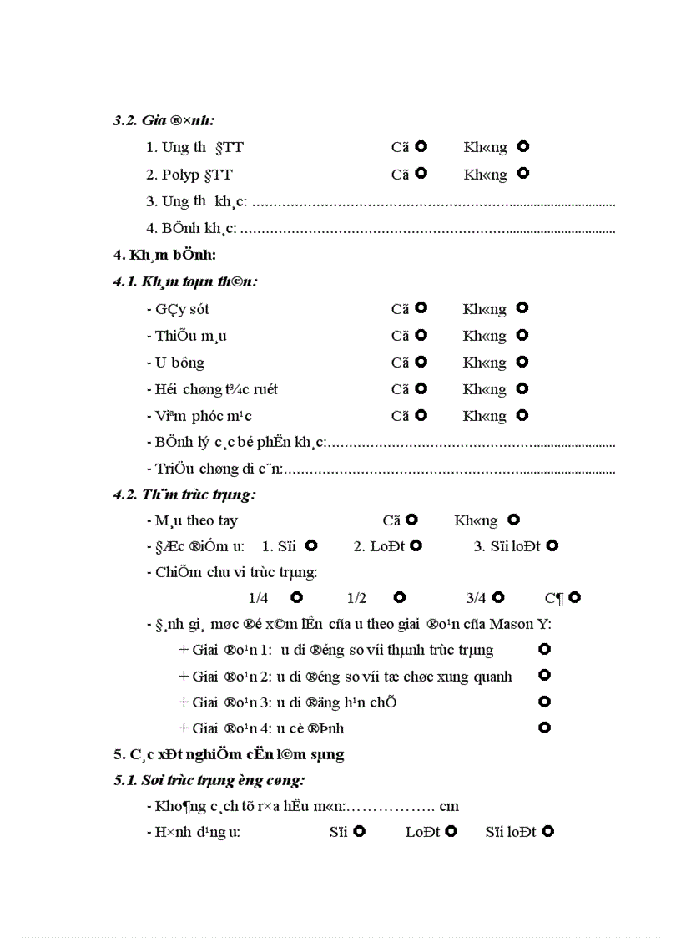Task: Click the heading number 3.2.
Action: pos(125,120)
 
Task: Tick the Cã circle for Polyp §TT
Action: pos(421,174)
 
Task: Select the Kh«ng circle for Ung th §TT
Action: pos(523,147)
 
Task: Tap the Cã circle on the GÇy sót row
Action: pos(421,308)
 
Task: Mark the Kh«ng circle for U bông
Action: pos(522,362)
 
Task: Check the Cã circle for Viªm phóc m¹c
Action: pos(421,415)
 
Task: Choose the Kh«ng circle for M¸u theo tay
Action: pos(514,520)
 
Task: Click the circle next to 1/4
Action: pos(296,597)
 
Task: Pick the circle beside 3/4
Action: pos(498,597)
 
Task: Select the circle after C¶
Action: pos(574,597)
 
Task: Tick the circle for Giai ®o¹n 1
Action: pos(545,649)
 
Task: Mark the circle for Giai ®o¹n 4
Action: pos(545,728)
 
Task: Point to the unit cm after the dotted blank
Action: pos(450,807)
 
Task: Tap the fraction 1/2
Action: pos(356,598)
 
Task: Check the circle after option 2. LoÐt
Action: pos(416,545)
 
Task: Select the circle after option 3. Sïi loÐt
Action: pos(552,545)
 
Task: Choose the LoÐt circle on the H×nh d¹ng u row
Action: pos(451,831)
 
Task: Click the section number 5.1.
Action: pos(125,781)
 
